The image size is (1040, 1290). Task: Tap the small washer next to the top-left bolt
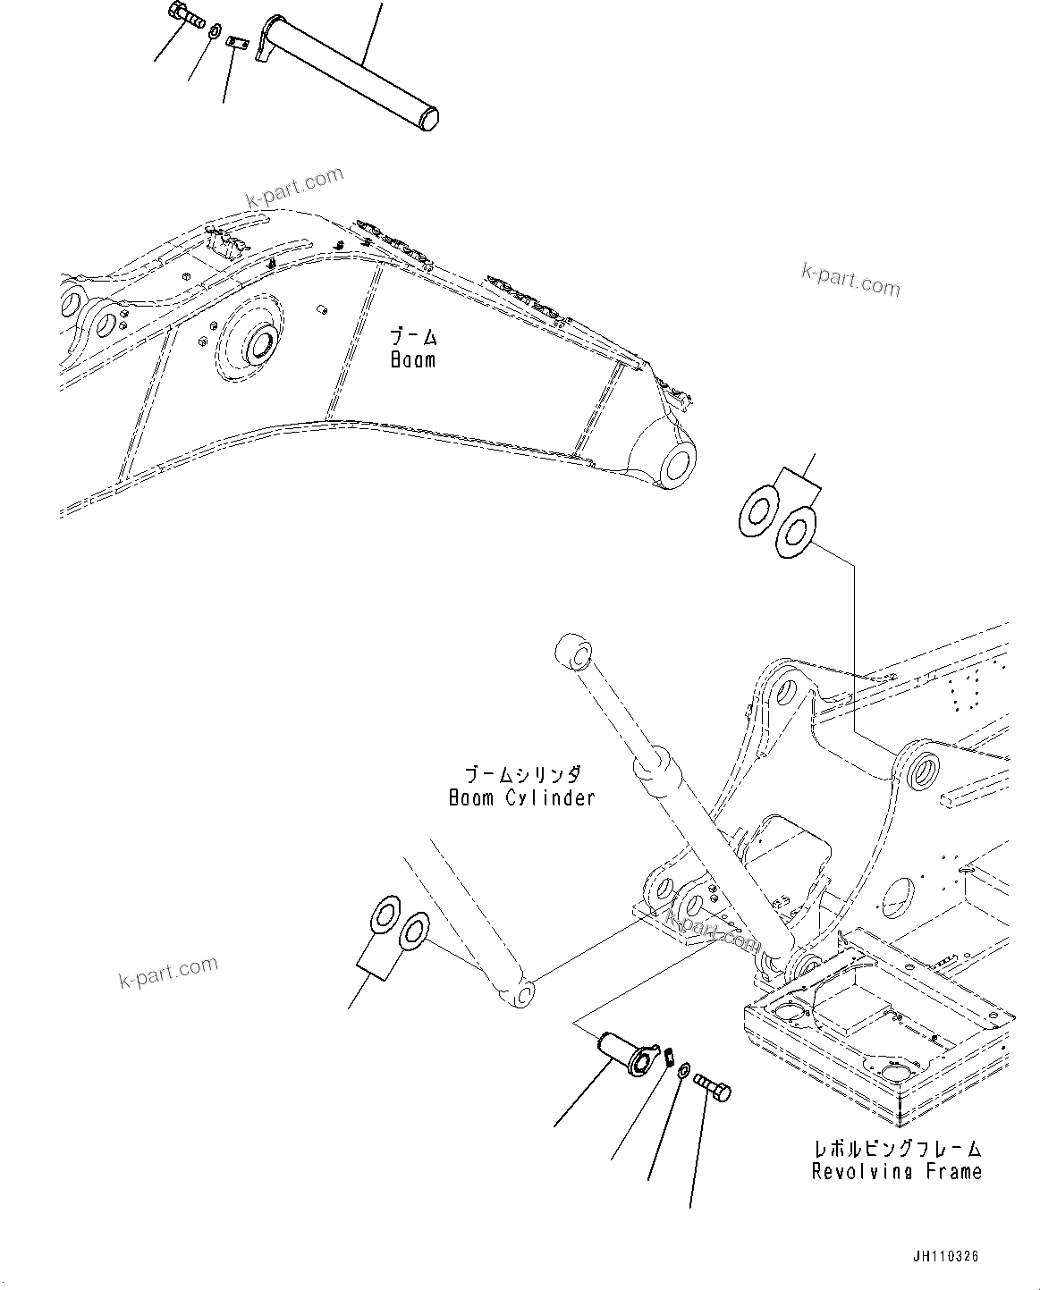216,33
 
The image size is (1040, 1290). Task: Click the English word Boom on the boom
413,360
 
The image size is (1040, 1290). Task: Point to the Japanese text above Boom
413,338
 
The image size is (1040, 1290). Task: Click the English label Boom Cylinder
521,797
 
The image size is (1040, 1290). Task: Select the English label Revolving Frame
896,1171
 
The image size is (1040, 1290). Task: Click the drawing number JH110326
946,1256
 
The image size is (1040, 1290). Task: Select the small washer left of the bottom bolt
683,1070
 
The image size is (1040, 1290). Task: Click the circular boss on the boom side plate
258,344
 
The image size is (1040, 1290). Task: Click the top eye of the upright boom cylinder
572,653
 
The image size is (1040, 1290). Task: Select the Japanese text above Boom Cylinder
521,774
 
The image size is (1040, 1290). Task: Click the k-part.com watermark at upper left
294,183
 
